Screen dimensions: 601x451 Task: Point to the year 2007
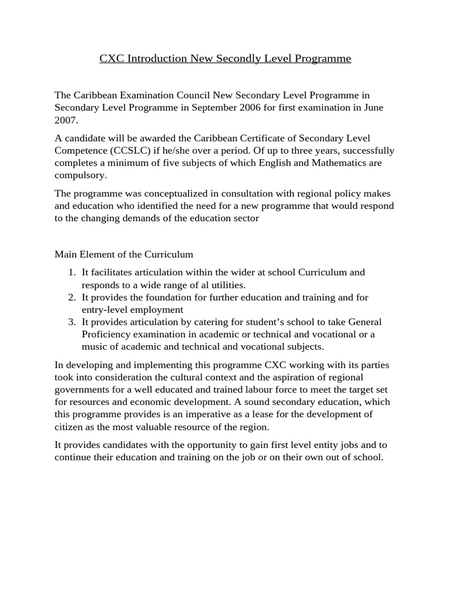coord(65,120)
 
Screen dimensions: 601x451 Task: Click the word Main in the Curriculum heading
coord(66,254)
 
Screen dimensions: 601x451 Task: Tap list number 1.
coord(72,272)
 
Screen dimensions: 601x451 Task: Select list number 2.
coord(72,298)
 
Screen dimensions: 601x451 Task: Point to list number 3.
coord(72,322)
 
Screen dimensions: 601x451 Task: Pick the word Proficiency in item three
coord(106,335)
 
